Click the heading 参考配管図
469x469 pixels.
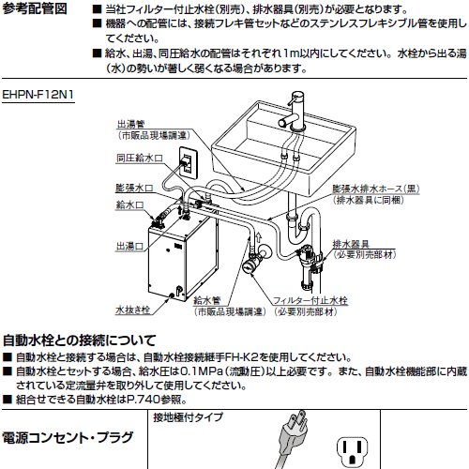[35, 8]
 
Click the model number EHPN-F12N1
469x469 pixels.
[38, 95]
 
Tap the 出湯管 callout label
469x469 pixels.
[131, 125]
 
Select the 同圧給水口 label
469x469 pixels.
[140, 158]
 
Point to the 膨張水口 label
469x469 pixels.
[135, 188]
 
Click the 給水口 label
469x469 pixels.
[130, 205]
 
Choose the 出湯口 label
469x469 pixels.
[130, 247]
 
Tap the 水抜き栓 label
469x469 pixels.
[133, 310]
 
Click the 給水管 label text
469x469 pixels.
[207, 301]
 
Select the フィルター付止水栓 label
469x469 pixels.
[310, 301]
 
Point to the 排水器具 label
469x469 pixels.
[351, 244]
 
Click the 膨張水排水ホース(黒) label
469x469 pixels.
[376, 189]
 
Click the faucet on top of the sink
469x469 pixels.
[295, 112]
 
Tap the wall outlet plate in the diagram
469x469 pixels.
[189, 162]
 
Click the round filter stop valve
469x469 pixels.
[250, 265]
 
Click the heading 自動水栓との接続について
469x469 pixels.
[79, 340]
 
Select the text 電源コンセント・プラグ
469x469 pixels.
[68, 437]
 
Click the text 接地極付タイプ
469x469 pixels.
[189, 417]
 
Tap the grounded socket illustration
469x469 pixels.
[353, 451]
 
